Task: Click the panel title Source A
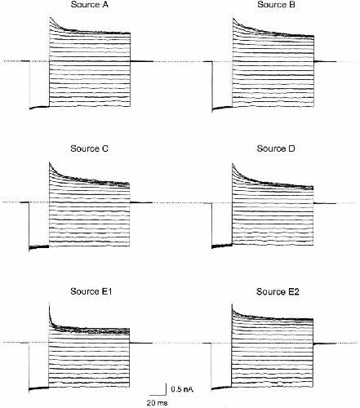89,5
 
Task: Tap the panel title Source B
276,5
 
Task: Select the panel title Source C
89,149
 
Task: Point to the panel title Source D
276,149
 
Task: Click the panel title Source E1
91,291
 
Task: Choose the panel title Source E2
278,291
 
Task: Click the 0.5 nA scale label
182,389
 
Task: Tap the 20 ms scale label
158,402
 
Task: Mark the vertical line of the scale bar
166,389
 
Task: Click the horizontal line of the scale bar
158,394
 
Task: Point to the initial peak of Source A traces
50,18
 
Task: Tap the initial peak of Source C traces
50,162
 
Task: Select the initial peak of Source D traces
233,164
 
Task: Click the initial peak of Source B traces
233,19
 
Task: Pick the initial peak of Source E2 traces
233,304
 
